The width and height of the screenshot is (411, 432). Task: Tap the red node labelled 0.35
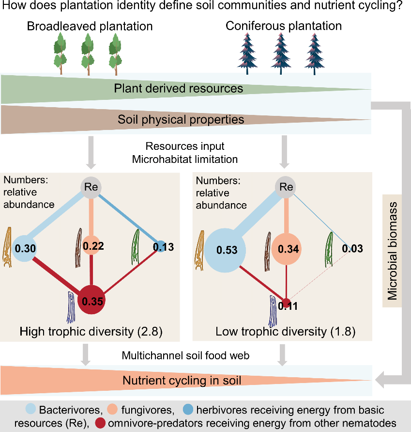click(91, 300)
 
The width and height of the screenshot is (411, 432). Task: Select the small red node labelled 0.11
click(287, 301)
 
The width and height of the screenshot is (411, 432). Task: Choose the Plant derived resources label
click(179, 89)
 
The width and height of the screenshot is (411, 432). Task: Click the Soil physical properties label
click(181, 119)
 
